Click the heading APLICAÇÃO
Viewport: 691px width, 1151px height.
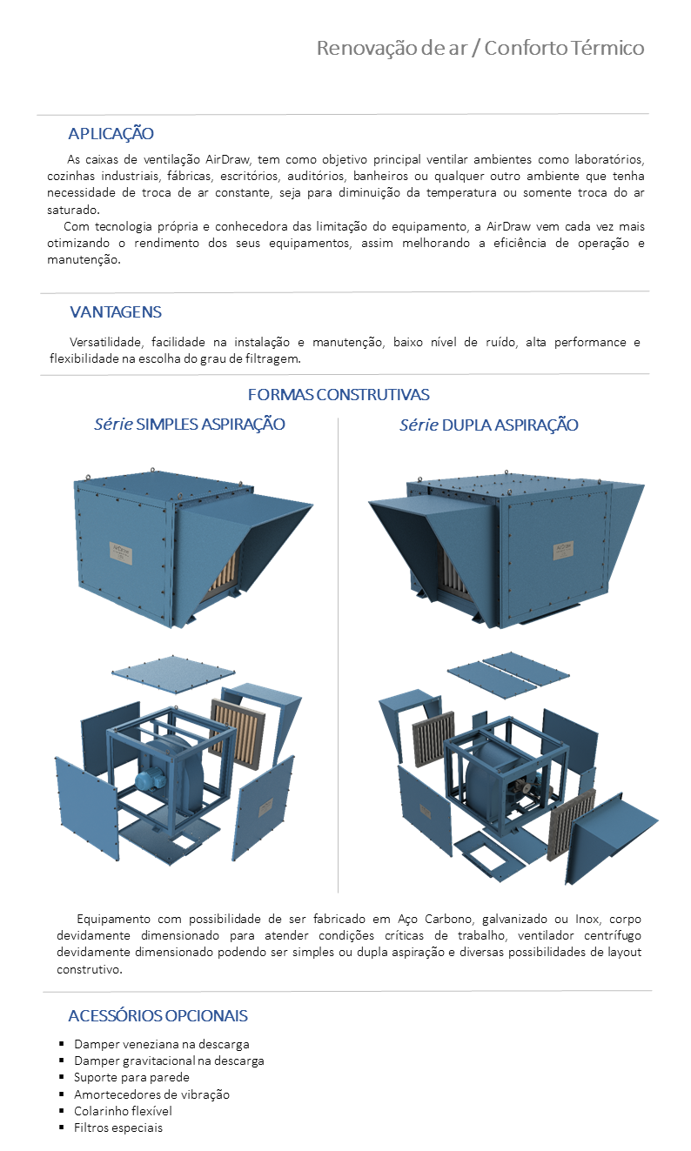(x=111, y=134)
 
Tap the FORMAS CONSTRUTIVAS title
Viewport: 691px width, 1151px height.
(x=339, y=395)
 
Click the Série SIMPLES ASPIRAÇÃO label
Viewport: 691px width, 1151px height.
(x=190, y=425)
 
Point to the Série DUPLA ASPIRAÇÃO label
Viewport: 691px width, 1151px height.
(x=488, y=425)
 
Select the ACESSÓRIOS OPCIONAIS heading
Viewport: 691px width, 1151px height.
(x=158, y=1016)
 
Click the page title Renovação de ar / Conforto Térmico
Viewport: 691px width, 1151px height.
(x=480, y=48)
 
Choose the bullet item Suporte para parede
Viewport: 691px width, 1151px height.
(x=131, y=1078)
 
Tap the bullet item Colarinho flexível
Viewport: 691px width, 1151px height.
(x=123, y=1111)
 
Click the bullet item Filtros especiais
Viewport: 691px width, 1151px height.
(x=118, y=1128)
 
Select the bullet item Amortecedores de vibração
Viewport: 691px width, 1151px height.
(x=151, y=1094)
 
